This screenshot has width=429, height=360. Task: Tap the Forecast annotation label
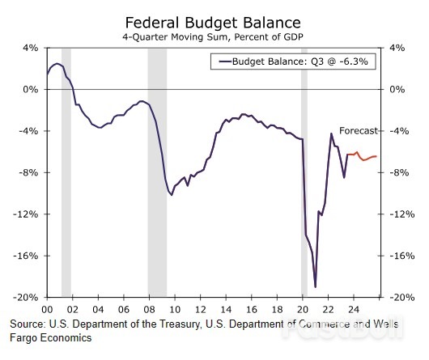tap(359, 130)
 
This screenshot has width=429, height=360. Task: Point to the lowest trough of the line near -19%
tap(315, 286)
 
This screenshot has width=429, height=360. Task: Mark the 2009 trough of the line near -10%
tap(172, 194)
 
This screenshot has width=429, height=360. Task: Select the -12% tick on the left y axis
tap(28, 214)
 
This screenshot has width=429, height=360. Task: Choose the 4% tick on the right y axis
tap(397, 48)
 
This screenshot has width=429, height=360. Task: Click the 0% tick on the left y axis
tap(31, 89)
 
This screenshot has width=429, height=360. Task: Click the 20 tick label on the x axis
tap(303, 309)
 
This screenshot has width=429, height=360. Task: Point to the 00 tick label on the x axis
tap(46, 309)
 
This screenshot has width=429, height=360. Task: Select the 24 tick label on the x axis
tap(354, 309)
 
